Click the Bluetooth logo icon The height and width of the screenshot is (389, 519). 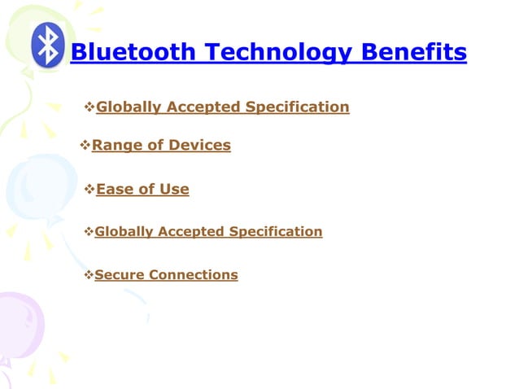[x=47, y=45]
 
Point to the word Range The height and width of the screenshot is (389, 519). [x=115, y=146]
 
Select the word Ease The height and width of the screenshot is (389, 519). [x=116, y=190]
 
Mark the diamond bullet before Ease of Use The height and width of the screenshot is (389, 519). [x=89, y=190]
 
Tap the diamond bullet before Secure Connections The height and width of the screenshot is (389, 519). [x=89, y=275]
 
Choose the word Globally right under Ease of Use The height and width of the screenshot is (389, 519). [x=124, y=232]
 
